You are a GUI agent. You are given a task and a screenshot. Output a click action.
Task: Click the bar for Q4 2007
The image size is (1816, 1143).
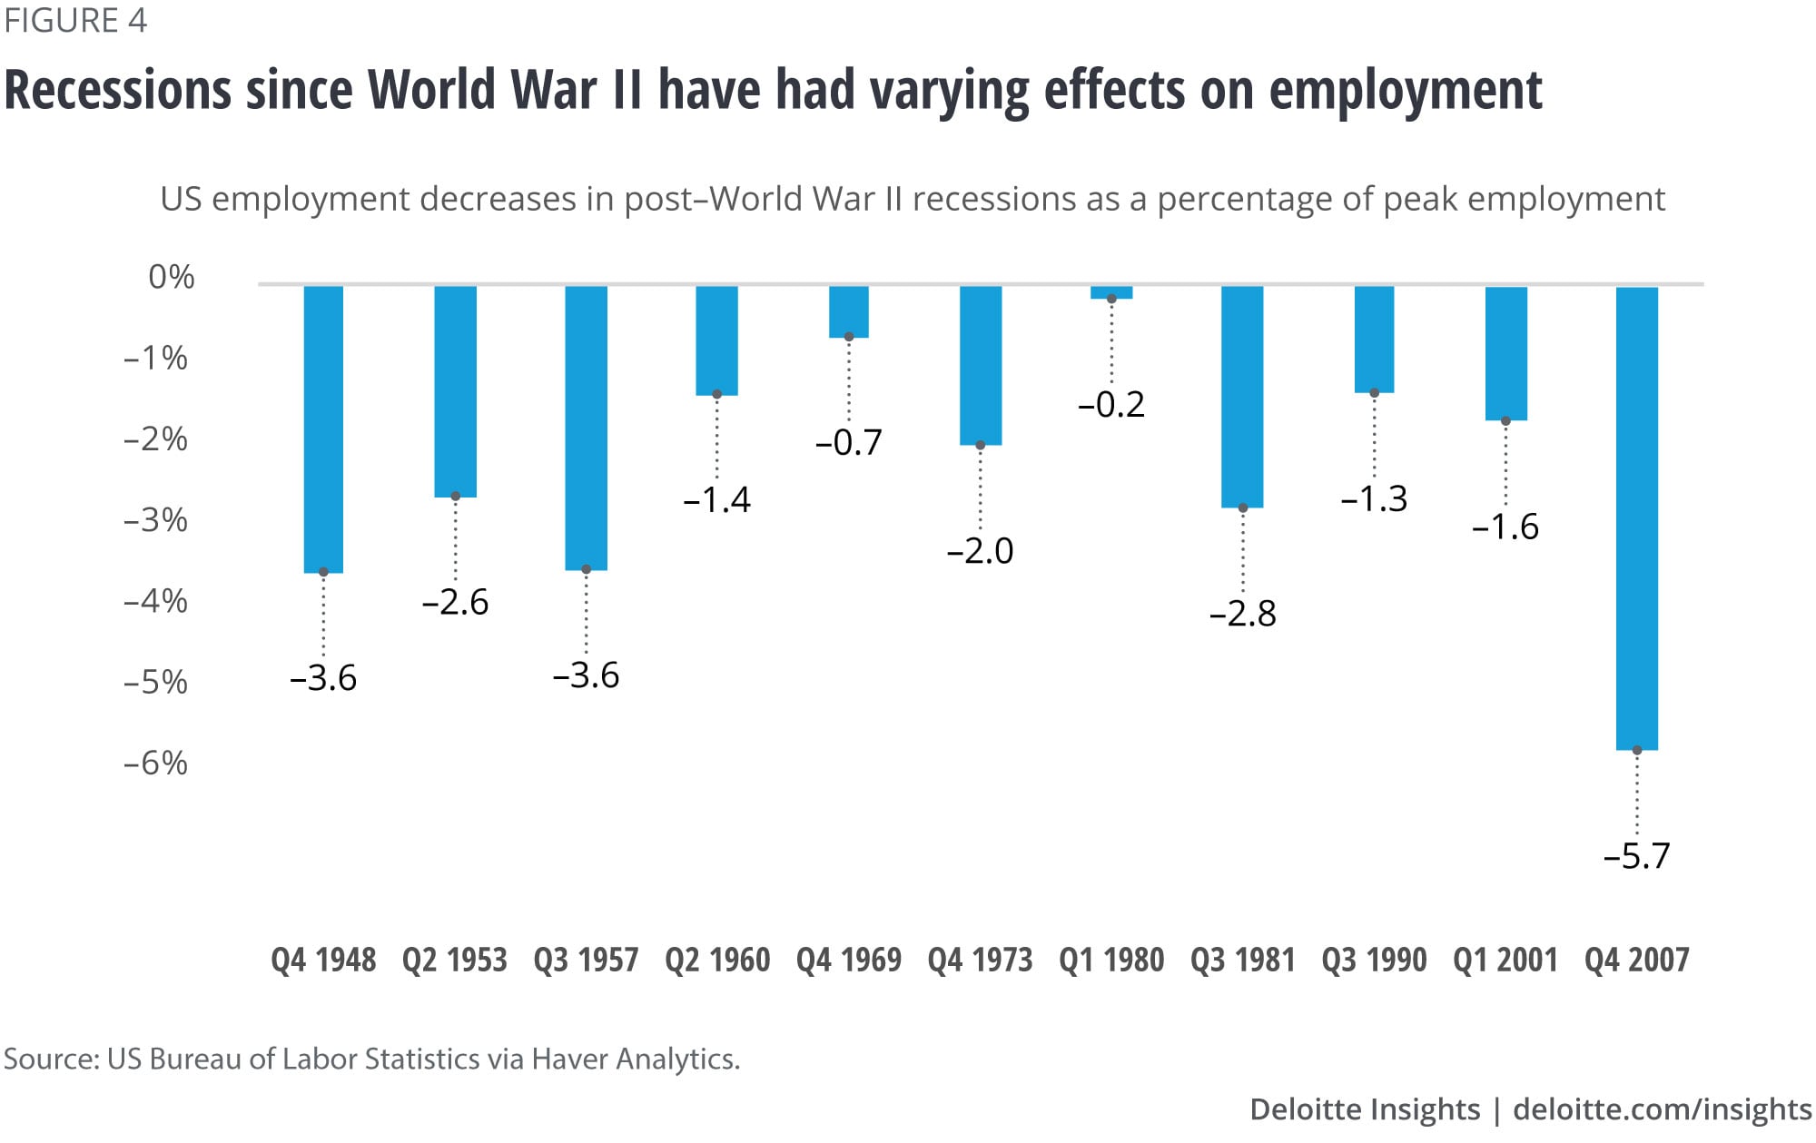point(1636,517)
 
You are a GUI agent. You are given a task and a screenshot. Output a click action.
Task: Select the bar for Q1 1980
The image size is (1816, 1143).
point(1111,292)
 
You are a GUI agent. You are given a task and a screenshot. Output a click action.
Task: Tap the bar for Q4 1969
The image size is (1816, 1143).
point(849,311)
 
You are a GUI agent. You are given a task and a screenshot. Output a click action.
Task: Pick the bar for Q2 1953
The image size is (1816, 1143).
point(455,391)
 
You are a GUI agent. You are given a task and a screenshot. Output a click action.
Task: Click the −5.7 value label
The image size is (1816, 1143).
point(1636,856)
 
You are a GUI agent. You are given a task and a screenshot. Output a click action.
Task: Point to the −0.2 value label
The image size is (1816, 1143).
point(1111,405)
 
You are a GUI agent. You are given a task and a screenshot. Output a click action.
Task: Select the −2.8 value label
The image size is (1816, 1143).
point(1242,615)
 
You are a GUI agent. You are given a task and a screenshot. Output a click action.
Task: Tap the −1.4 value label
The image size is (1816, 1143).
point(716,500)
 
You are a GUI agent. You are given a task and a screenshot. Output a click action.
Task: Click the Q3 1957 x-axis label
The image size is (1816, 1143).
point(586,960)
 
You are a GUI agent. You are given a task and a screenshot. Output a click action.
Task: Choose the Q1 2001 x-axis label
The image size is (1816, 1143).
point(1505,960)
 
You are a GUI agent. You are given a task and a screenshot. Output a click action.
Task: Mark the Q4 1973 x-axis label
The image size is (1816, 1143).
point(980,960)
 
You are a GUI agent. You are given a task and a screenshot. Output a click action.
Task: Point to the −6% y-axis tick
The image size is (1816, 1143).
point(155,763)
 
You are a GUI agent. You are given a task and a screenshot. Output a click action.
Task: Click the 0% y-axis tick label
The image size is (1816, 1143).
point(172,277)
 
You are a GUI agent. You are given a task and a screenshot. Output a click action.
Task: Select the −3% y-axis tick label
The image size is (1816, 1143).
point(155,520)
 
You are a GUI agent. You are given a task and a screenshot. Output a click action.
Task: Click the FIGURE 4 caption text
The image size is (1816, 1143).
point(75,20)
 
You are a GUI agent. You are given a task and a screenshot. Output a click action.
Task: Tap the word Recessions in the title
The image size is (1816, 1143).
point(118,90)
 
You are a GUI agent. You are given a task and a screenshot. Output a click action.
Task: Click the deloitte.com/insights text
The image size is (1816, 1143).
point(1663,1109)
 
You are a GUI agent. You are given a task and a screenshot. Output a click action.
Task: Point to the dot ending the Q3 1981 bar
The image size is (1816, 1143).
point(1243,508)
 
